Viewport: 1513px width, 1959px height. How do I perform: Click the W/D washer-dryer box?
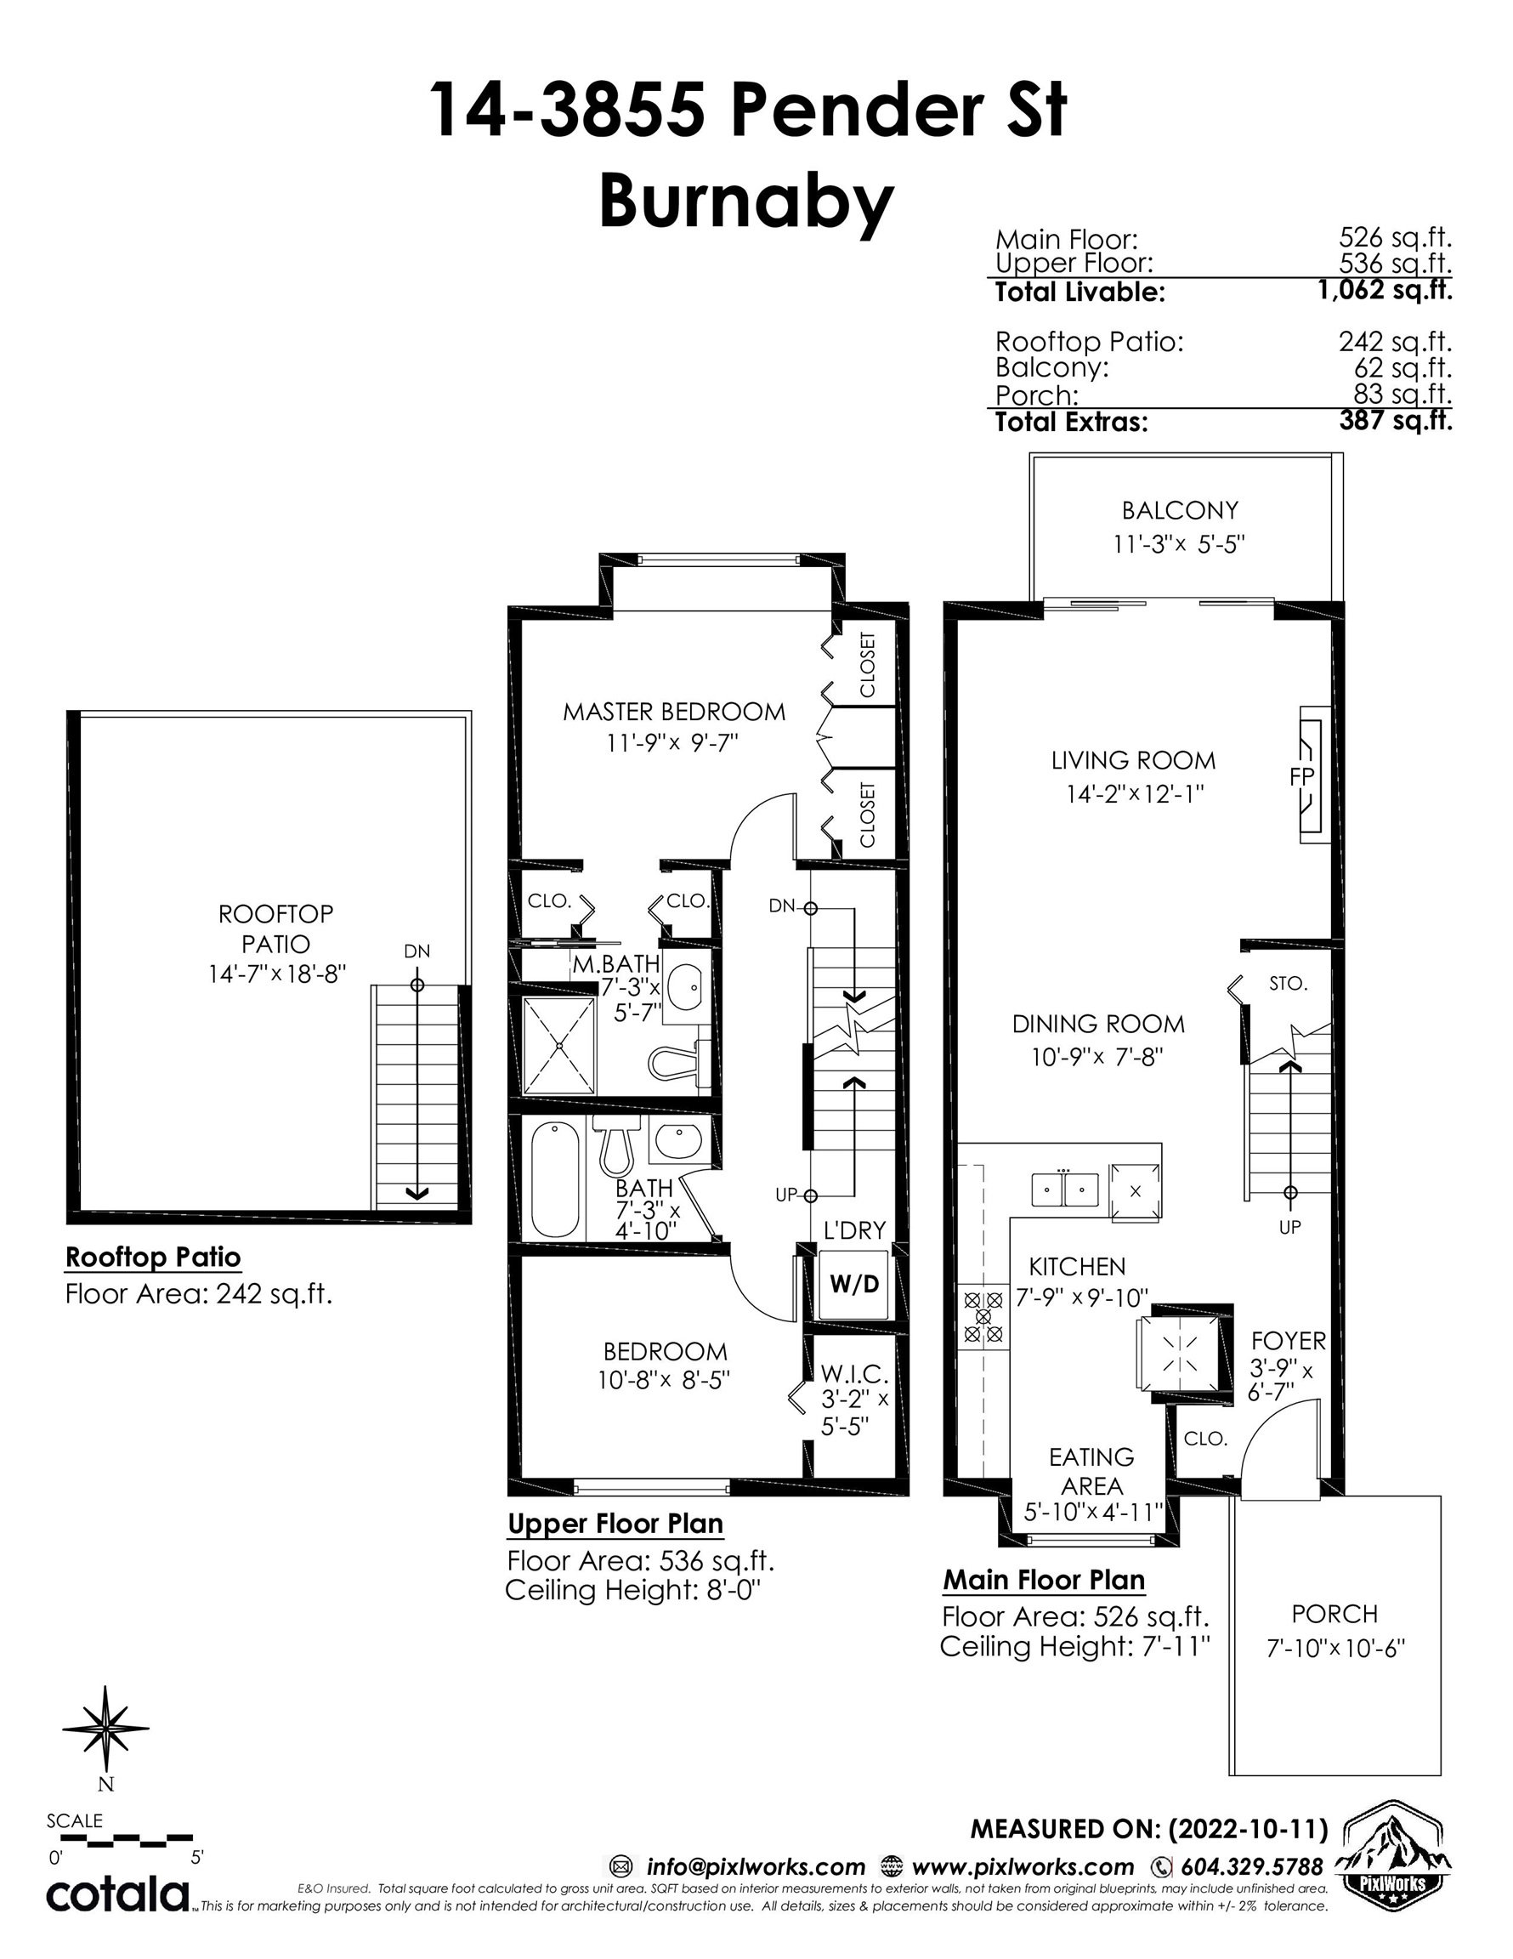click(x=853, y=1285)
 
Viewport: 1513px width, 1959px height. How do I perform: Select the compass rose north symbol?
click(x=106, y=1730)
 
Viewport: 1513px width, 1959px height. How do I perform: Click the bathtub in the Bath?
click(x=555, y=1178)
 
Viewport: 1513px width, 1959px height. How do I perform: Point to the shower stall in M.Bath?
click(x=558, y=1045)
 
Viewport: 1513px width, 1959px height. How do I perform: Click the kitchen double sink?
click(x=1063, y=1190)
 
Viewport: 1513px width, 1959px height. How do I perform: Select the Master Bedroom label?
click(x=673, y=712)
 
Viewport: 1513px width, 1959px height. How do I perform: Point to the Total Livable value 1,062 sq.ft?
click(x=1385, y=291)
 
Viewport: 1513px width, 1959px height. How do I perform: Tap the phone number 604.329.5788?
click(x=1251, y=1866)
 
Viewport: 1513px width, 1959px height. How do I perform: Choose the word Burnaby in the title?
click(x=746, y=202)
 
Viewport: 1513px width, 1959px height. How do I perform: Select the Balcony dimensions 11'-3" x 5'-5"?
click(x=1179, y=543)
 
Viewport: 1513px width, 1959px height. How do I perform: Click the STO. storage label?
click(x=1288, y=983)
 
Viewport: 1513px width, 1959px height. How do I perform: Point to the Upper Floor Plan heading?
click(x=615, y=1524)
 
